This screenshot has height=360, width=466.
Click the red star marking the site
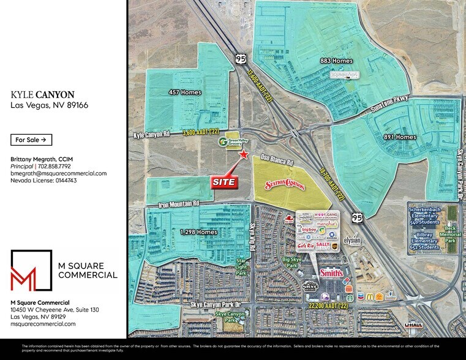[244, 156]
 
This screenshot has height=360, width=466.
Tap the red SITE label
[225, 182]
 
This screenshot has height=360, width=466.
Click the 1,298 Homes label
[198, 232]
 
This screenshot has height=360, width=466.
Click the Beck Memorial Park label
[452, 233]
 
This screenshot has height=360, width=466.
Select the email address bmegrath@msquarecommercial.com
[59, 173]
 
